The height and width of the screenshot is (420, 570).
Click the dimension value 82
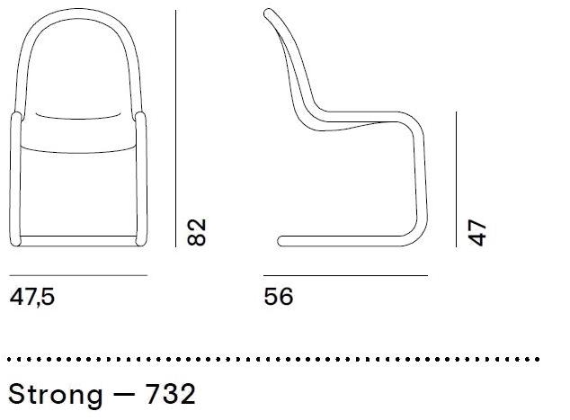pyautogui.click(x=200, y=230)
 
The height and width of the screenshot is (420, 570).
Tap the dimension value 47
pyautogui.click(x=477, y=231)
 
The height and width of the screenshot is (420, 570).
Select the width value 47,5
pyautogui.click(x=32, y=296)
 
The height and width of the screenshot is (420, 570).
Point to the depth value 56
pyautogui.click(x=279, y=296)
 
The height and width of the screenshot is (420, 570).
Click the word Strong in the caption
pyautogui.click(x=54, y=393)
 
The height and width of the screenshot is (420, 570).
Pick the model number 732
pyautogui.click(x=171, y=393)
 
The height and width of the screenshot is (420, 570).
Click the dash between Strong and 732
pyautogui.click(x=126, y=394)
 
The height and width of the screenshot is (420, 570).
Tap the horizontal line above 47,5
pyautogui.click(x=78, y=275)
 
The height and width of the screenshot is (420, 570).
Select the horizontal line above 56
pyautogui.click(x=344, y=275)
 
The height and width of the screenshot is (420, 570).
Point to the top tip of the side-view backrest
pyautogui.click(x=268, y=12)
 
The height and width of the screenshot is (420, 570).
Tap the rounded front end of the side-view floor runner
pyautogui.click(x=281, y=240)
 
